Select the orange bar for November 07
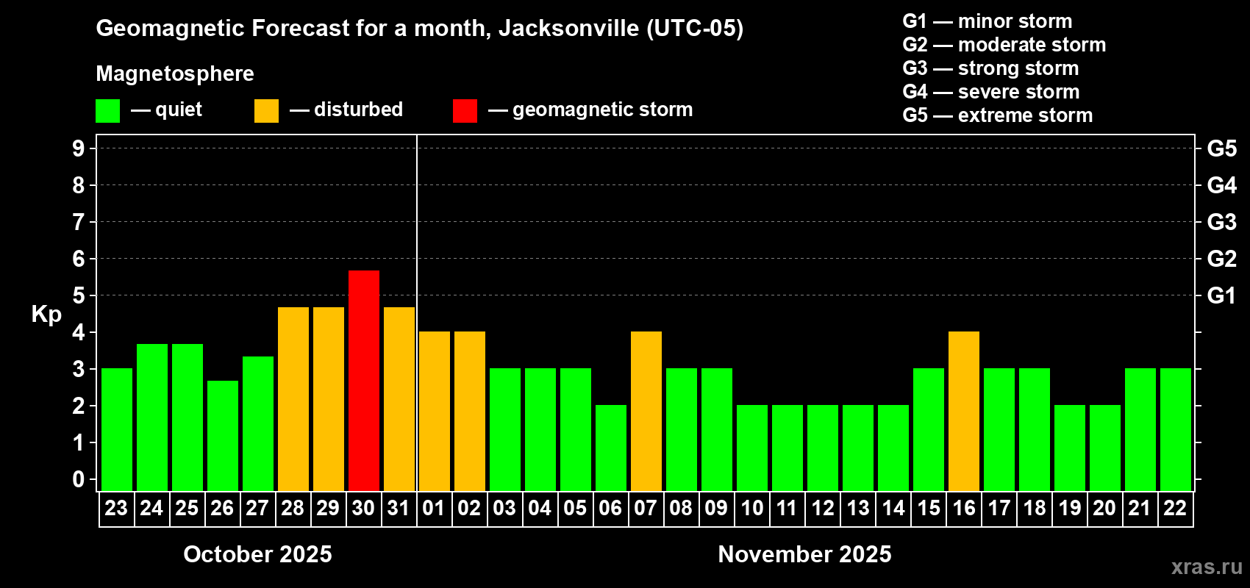click(646, 411)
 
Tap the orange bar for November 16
click(964, 411)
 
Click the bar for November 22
click(1176, 429)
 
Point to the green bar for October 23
click(117, 429)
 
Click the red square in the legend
click(465, 111)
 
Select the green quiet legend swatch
click(108, 111)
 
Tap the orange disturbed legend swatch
click(266, 111)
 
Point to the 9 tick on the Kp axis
click(79, 148)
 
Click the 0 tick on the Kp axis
click(79, 479)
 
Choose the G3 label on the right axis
click(1221, 222)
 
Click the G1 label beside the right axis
click(1221, 295)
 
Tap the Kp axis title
click(46, 315)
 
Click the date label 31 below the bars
click(399, 508)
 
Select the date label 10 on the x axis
click(751, 508)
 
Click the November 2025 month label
click(804, 554)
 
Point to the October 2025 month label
click(257, 554)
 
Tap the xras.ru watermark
click(1207, 567)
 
